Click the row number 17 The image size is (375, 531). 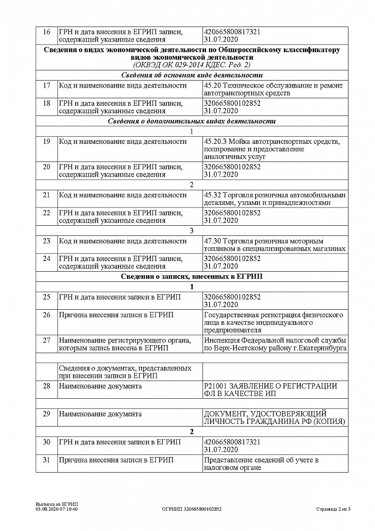tap(46, 85)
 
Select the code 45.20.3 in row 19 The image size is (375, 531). tap(215, 142)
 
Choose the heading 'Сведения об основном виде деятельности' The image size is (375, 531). tap(191, 75)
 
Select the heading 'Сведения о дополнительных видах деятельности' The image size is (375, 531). tap(191, 121)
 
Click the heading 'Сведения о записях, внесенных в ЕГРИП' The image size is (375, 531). tap(191, 277)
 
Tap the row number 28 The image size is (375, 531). tap(46, 386)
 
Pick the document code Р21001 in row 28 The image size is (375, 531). tap(214, 386)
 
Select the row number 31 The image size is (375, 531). tap(46, 460)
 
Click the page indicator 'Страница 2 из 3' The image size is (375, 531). tap(333, 509)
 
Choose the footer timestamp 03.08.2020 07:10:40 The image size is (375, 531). tap(57, 509)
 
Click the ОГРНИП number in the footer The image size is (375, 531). tap(192, 509)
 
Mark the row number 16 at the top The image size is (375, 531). tap(46, 32)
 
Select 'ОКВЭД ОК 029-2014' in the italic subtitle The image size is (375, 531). tap(172, 65)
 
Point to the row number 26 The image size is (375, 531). tap(46, 315)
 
